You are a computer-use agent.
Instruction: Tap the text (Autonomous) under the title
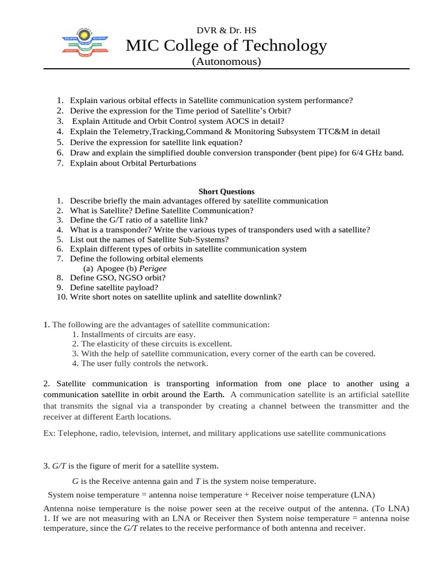226,61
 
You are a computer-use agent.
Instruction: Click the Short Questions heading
226,191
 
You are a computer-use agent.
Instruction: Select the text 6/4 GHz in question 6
359,152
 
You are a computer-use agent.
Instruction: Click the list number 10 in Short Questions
61,296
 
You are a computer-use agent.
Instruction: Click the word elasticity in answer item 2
114,344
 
